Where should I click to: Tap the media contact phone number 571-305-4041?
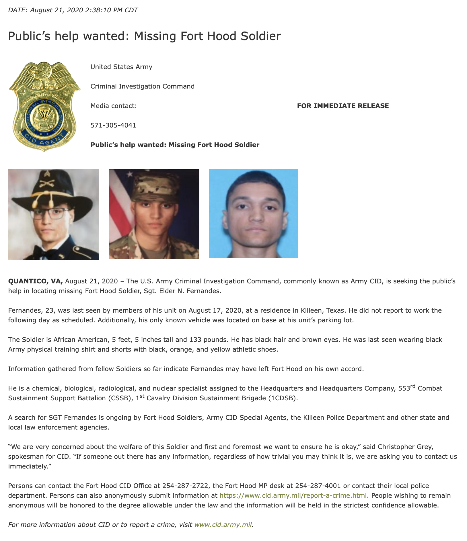click(x=113, y=125)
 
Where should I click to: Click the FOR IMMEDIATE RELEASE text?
click(x=343, y=106)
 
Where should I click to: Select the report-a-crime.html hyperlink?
click(x=293, y=495)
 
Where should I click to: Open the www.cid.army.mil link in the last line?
click(x=223, y=525)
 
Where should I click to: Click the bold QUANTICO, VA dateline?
click(x=35, y=281)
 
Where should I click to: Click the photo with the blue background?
click(x=254, y=213)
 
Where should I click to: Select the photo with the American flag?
click(x=154, y=214)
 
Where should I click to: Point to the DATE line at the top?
click(x=73, y=10)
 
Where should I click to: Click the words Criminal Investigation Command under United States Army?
click(x=142, y=86)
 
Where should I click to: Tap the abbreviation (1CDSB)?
click(x=283, y=398)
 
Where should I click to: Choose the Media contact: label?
click(x=114, y=106)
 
